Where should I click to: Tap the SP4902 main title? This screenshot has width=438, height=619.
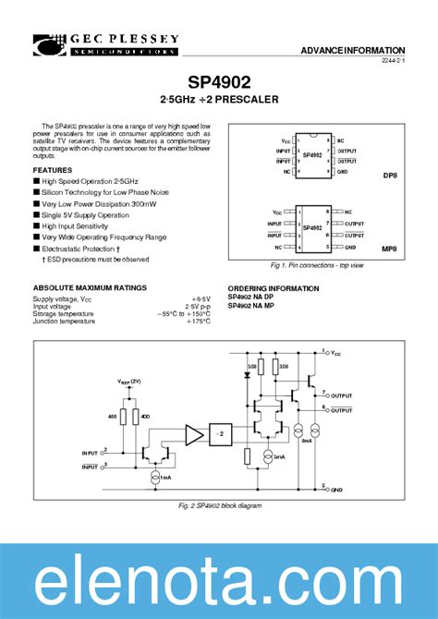coord(219,82)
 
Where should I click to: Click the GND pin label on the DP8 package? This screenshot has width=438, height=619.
coord(342,171)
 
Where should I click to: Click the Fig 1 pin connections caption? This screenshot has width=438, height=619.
coord(317,265)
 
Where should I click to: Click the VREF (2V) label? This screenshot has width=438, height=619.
coord(130,382)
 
